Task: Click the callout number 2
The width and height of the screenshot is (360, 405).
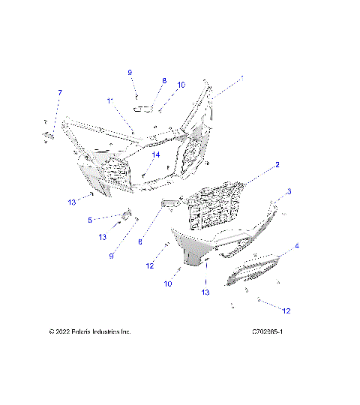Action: pyautogui.click(x=277, y=165)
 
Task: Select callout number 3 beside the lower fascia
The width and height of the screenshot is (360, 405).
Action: pyautogui.click(x=289, y=191)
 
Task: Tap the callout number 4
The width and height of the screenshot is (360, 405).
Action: pyautogui.click(x=297, y=246)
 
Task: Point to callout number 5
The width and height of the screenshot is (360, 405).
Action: pyautogui.click(x=89, y=220)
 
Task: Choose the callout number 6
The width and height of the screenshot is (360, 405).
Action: pyautogui.click(x=140, y=241)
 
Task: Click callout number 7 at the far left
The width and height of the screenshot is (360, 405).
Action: pyautogui.click(x=60, y=92)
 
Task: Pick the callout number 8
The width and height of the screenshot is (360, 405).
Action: pyautogui.click(x=164, y=80)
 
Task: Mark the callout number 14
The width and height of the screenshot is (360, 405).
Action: pyautogui.click(x=156, y=155)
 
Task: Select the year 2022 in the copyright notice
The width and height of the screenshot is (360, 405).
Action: pyautogui.click(x=64, y=331)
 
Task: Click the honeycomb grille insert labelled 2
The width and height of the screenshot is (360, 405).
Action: pyautogui.click(x=217, y=205)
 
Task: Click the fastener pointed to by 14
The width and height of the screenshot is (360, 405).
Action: pyautogui.click(x=143, y=174)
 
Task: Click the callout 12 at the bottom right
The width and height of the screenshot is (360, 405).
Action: pyautogui.click(x=285, y=310)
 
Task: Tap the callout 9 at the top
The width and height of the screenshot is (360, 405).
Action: pyautogui.click(x=129, y=72)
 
